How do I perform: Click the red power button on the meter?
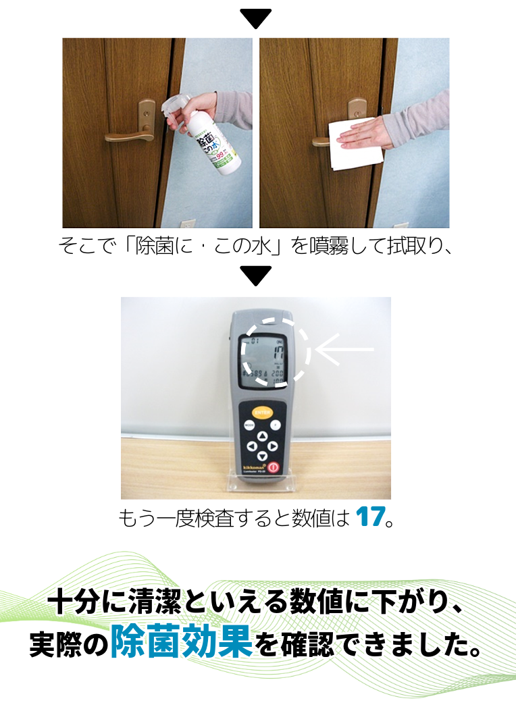[273, 467]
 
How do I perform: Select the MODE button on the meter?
[249, 425]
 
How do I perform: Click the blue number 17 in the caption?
[368, 517]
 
